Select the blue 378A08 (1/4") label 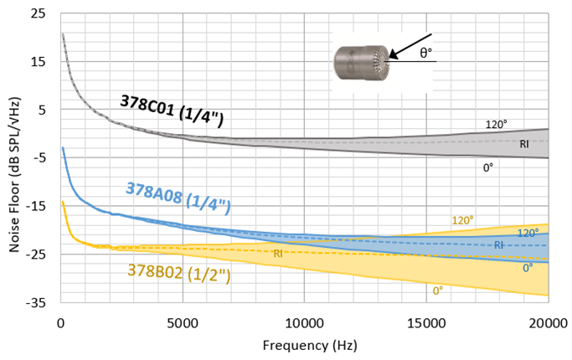tap(178, 197)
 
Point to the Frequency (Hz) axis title tap(303, 345)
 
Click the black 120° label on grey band tap(497, 125)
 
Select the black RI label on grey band tap(523, 144)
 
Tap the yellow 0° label tap(438, 291)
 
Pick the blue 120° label tap(527, 234)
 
